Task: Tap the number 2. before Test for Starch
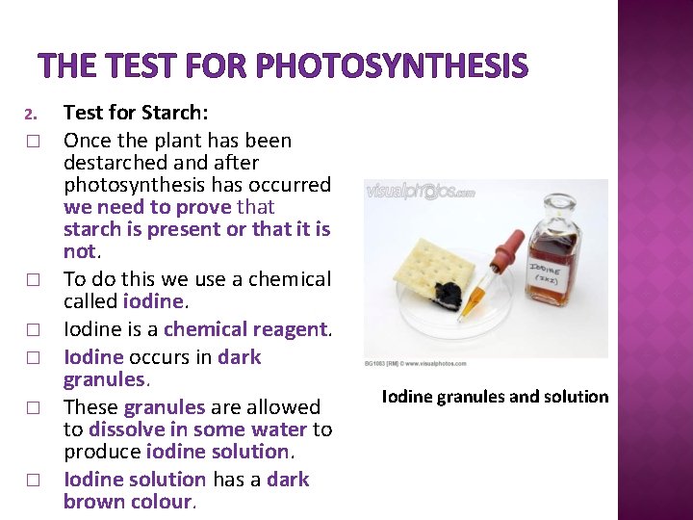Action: [x=29, y=117]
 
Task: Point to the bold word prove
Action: [x=204, y=207]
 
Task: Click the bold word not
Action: [x=79, y=251]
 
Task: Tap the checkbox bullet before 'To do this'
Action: [x=31, y=280]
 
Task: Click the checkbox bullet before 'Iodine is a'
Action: [x=31, y=330]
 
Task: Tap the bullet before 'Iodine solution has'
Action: [x=31, y=480]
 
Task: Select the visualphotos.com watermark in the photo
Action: [x=422, y=192]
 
